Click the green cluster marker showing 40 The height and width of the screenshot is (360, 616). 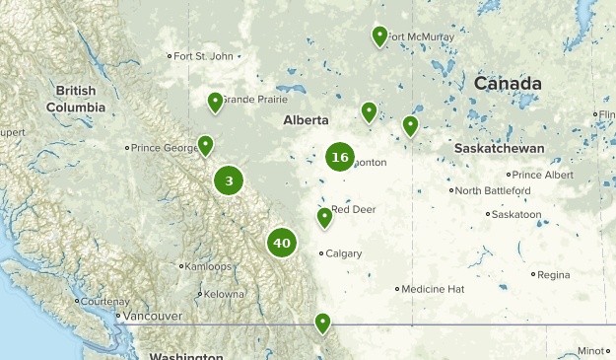[x=282, y=242]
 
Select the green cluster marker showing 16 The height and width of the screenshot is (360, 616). [x=340, y=157]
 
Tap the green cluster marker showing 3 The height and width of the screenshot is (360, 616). [x=229, y=180]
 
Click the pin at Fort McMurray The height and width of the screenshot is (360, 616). [x=379, y=37]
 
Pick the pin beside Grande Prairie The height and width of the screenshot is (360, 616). [x=215, y=102]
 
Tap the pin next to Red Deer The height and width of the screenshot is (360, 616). [x=324, y=218]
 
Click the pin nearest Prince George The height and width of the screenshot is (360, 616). [x=205, y=146]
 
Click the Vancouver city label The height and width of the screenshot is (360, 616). [x=155, y=316]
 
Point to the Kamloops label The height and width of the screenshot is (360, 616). [x=209, y=266]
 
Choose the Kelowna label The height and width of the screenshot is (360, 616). [x=224, y=294]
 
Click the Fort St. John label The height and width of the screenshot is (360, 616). [x=203, y=56]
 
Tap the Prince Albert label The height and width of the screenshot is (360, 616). [x=543, y=175]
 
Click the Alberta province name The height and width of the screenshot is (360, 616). [x=306, y=120]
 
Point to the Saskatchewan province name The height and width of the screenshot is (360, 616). [x=500, y=147]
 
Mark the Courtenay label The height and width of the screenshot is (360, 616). [x=104, y=301]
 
